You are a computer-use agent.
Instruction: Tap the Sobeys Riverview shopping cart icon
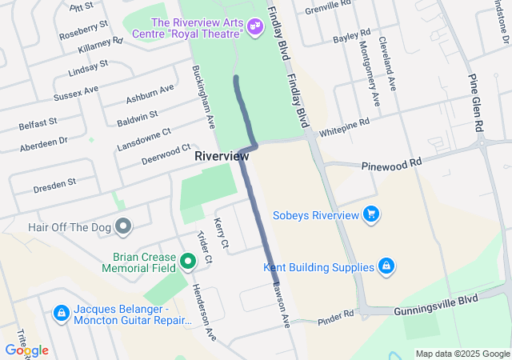coord(370,214)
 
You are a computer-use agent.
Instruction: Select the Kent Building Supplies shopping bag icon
coord(386,266)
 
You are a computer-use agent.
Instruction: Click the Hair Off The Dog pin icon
coord(122,227)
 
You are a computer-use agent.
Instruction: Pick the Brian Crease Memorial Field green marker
coord(188,260)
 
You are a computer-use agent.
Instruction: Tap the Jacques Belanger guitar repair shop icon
coord(61,313)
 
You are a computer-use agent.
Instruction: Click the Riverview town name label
coord(222,157)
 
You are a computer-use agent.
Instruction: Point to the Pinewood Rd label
coord(391,162)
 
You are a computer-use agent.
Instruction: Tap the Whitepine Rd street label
coord(344,126)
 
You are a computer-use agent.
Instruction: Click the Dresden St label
coord(54,185)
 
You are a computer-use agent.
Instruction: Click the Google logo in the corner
coord(26,350)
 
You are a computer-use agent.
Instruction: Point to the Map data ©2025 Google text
coord(463,354)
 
